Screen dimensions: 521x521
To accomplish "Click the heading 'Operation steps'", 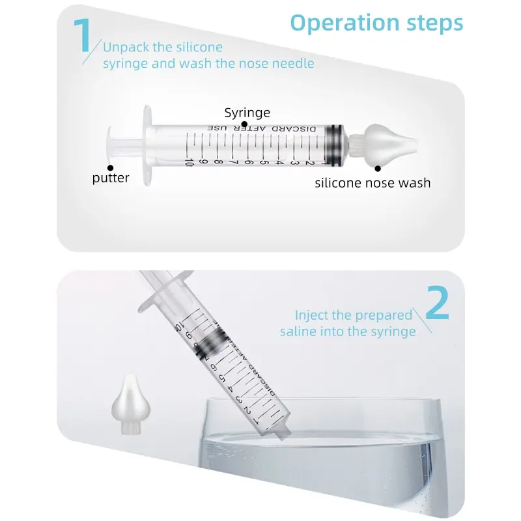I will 376,23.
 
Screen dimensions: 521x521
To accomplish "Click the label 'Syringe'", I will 247,113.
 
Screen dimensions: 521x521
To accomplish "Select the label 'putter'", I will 111,178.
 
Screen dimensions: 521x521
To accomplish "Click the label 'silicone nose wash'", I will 373,183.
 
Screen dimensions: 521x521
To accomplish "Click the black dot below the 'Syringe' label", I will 244,123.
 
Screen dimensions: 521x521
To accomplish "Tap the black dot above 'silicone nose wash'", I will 378,168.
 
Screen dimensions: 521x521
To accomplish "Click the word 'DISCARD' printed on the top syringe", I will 306,129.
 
